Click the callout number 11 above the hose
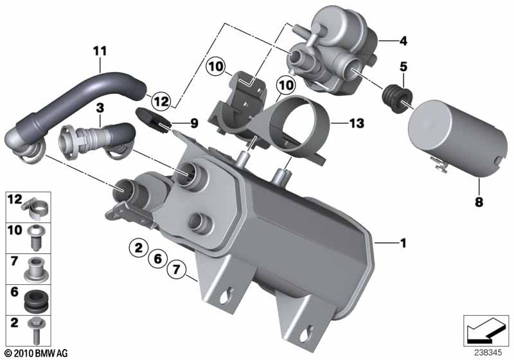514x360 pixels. click(100, 51)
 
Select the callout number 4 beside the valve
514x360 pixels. click(403, 41)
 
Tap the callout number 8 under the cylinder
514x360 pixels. click(479, 202)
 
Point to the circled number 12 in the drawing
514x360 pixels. click(161, 101)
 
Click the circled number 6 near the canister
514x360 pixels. click(158, 258)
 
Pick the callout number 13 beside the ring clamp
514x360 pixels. click(357, 123)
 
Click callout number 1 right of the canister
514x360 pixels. click(403, 243)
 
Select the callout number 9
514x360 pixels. click(194, 123)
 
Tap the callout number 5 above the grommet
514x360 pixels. click(403, 67)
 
